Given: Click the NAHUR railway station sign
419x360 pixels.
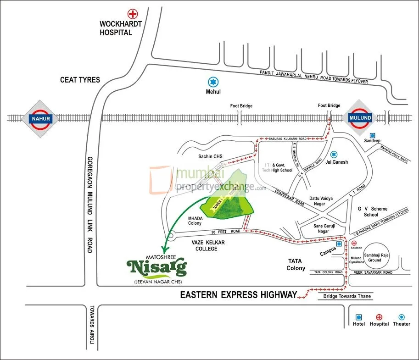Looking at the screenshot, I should [39, 119].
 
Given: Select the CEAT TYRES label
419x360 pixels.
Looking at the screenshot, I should [80, 80].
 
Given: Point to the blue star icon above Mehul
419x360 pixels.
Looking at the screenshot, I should [212, 82].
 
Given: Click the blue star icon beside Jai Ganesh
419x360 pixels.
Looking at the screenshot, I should [334, 154].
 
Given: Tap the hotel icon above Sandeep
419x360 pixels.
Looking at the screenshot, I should [372, 136].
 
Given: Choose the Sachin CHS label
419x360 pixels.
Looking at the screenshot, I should [211, 156].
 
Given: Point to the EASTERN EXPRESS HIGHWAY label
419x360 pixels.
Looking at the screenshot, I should [238, 295].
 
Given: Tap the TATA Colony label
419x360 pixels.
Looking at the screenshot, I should [296, 265].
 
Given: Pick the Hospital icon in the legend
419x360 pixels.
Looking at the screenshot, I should [379, 317].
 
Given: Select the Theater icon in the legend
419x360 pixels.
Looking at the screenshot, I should [402, 317].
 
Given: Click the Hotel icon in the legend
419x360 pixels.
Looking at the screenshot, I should [358, 317].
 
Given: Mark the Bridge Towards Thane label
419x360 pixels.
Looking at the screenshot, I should [345, 297].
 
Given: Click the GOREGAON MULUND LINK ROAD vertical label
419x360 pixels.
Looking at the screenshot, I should [89, 205].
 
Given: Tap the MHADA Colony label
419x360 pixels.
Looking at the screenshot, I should [195, 220].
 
